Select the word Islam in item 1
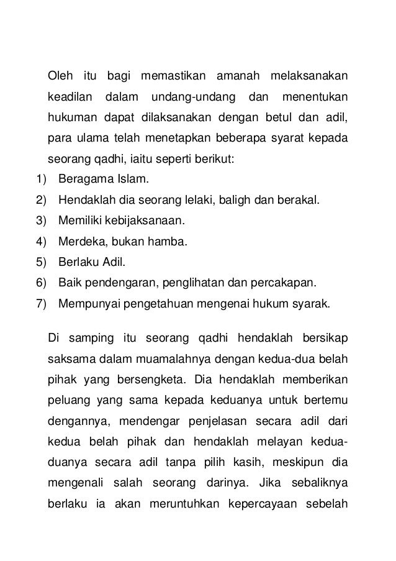tap(133, 180)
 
